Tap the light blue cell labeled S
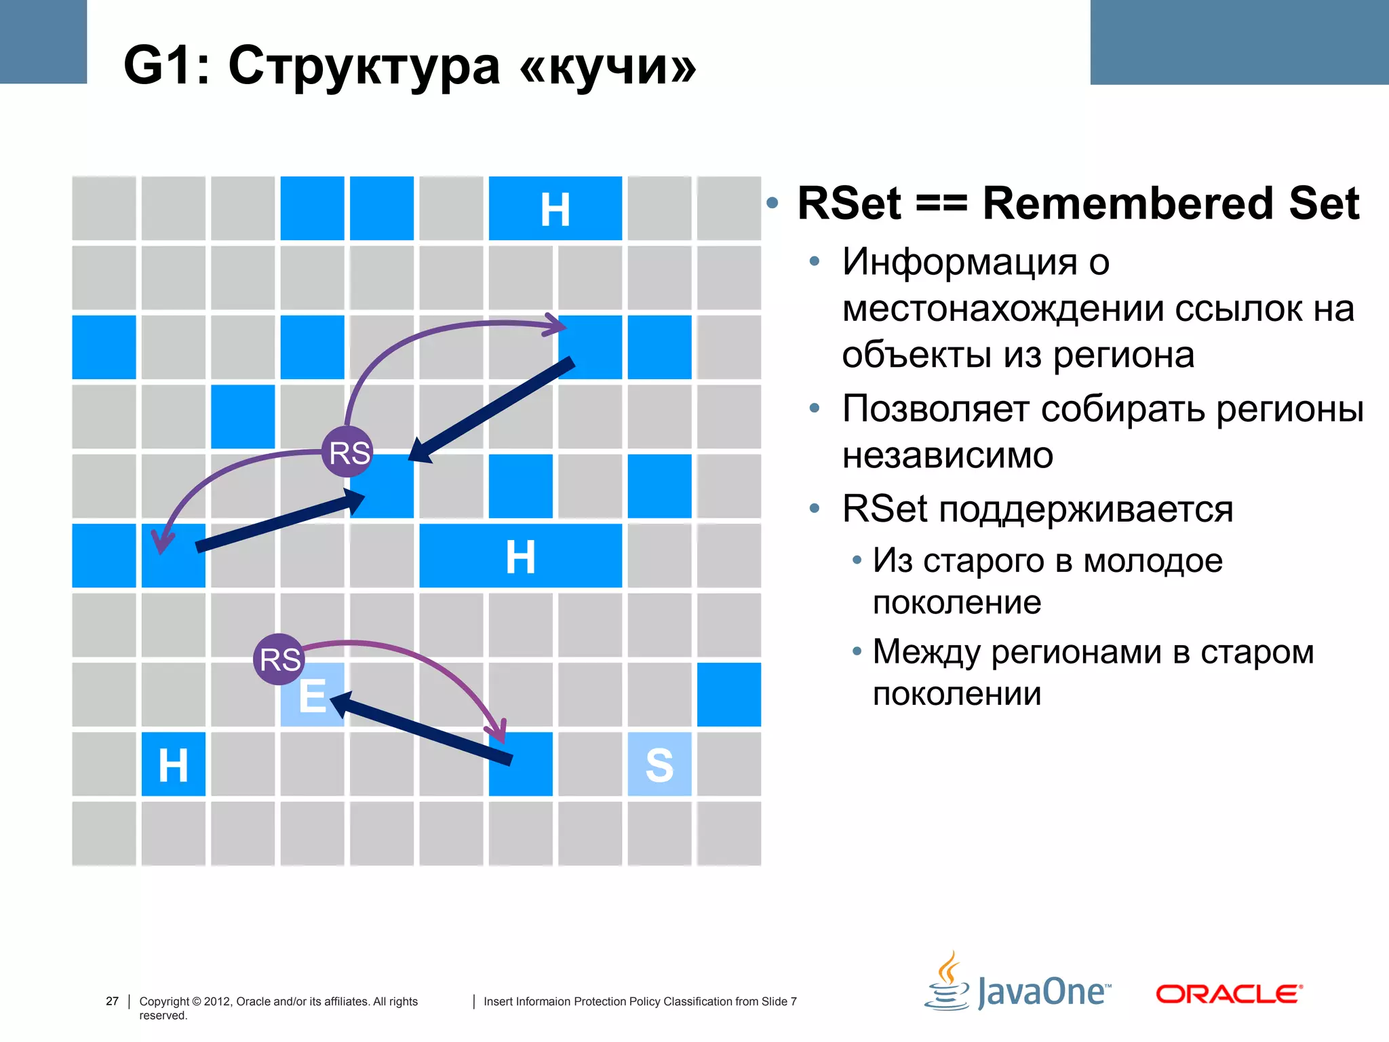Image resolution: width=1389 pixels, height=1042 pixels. [659, 765]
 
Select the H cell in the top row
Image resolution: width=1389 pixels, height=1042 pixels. [555, 209]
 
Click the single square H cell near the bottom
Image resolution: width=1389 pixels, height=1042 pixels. [173, 765]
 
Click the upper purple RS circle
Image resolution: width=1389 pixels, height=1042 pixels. [348, 452]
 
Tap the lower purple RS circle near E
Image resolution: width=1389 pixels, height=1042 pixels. [279, 659]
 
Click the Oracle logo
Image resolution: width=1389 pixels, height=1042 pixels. [1228, 994]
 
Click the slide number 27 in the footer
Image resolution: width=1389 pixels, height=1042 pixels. [112, 1001]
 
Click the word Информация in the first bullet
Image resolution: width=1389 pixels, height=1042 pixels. [959, 262]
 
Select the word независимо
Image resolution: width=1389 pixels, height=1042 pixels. [947, 455]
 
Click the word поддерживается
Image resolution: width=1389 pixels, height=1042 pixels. [1085, 509]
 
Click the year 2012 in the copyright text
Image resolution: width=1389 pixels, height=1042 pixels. [216, 1001]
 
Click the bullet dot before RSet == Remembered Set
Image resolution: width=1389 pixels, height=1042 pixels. [772, 203]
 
